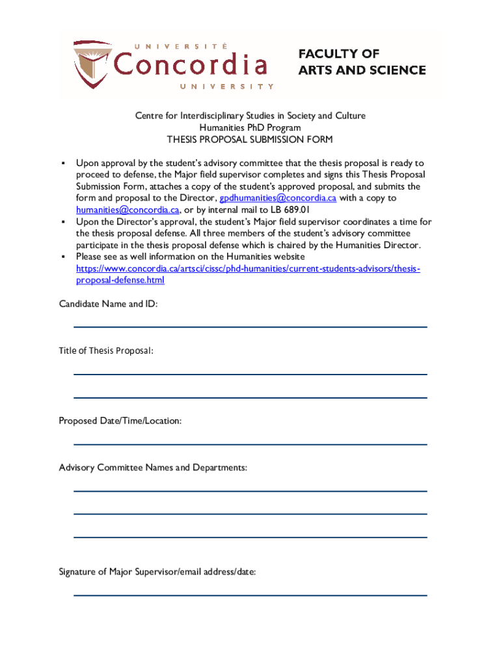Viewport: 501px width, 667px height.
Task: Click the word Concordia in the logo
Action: (x=191, y=65)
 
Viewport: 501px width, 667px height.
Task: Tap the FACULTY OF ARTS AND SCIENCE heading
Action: (x=362, y=62)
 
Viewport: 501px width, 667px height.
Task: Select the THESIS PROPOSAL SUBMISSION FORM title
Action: (x=250, y=139)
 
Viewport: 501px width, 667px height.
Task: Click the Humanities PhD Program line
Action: (x=250, y=128)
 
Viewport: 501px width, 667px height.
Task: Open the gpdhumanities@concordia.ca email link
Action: (x=278, y=198)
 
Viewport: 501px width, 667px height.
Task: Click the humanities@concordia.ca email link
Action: (x=127, y=210)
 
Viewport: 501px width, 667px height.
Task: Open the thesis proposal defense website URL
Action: (x=248, y=268)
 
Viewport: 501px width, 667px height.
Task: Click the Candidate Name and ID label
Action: (x=108, y=304)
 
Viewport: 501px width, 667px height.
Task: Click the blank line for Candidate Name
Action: (x=250, y=326)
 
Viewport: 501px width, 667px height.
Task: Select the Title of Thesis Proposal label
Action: (x=106, y=351)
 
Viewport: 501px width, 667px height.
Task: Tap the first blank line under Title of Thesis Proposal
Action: (x=250, y=374)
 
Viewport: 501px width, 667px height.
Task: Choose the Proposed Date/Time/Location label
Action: (x=120, y=421)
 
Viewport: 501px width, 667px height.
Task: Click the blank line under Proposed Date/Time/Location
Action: (x=250, y=444)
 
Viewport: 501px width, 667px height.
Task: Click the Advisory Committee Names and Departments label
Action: (x=153, y=468)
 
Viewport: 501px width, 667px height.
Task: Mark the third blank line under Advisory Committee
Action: (x=250, y=537)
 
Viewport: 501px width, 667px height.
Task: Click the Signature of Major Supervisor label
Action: (x=157, y=572)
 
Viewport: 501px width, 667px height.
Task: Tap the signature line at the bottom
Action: (x=250, y=595)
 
